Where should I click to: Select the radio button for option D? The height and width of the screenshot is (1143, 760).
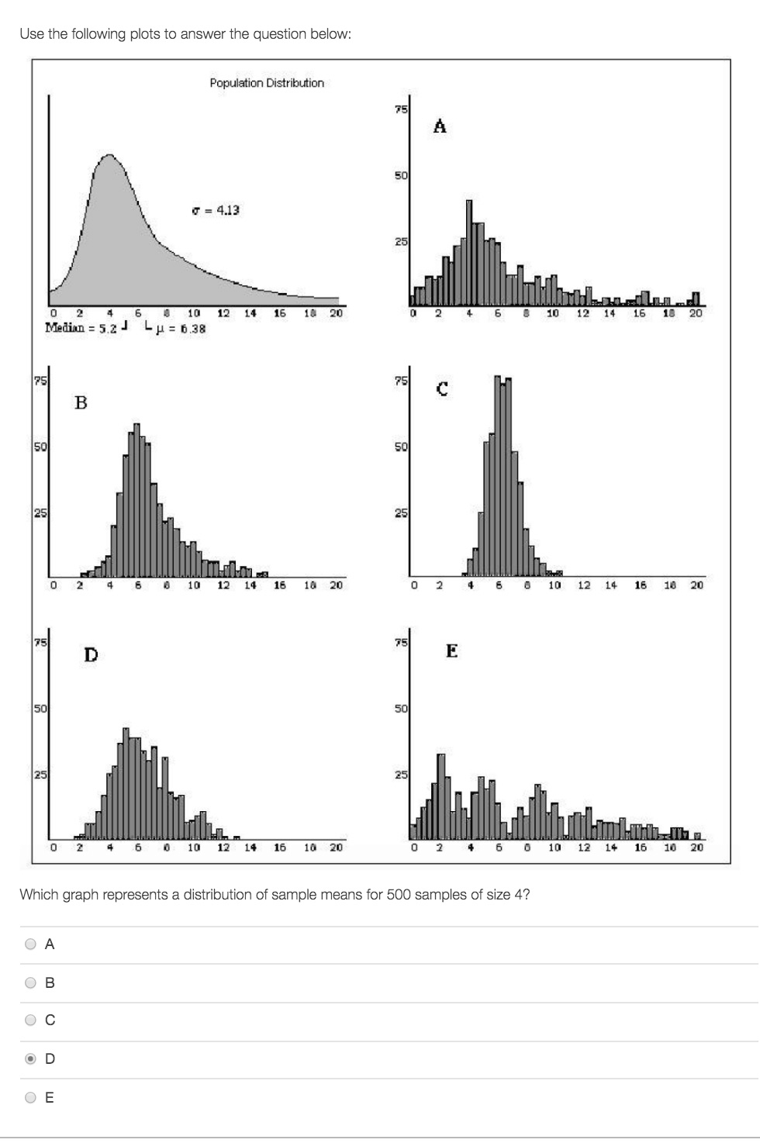tap(30, 1058)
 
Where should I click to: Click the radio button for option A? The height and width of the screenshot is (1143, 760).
tap(30, 944)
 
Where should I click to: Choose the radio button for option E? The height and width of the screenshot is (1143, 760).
tap(30, 1097)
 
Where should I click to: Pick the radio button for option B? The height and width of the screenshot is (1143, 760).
tap(30, 982)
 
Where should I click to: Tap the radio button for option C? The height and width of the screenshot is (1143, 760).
tap(30, 1020)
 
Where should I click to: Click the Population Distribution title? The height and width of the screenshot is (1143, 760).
tap(267, 83)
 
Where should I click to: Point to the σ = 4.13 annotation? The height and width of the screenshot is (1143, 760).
tap(216, 210)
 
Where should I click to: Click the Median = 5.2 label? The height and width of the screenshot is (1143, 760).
tap(81, 328)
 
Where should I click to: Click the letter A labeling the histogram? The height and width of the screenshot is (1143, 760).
tap(440, 126)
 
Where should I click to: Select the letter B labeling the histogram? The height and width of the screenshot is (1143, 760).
tap(81, 402)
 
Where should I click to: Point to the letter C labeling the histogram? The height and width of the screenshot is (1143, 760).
tap(441, 389)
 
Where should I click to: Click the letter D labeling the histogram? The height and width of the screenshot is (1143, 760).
tap(91, 655)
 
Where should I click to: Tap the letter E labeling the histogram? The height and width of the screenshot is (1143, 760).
tap(451, 651)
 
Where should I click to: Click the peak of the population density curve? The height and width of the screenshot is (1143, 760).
tap(109, 156)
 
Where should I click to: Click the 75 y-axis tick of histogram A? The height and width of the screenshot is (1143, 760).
tap(400, 109)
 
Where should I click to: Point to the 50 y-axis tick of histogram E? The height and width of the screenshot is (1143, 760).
tap(400, 709)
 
